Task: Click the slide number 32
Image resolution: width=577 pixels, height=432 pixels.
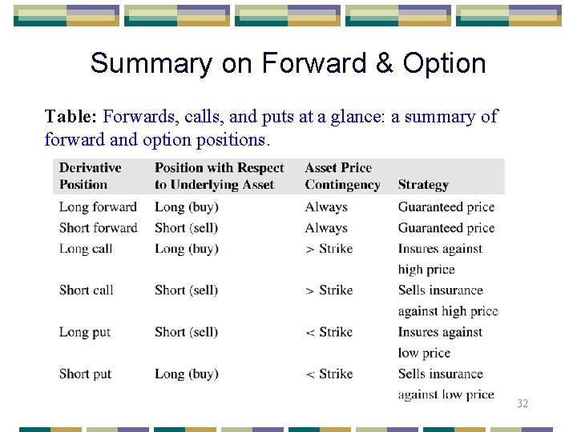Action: coord(523,404)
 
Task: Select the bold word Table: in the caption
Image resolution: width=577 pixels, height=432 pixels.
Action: coord(71,117)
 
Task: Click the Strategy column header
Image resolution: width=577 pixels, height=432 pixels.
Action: coord(423,185)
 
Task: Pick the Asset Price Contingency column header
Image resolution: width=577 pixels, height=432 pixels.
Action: coord(342,176)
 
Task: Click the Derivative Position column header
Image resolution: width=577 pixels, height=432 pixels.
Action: coord(90,176)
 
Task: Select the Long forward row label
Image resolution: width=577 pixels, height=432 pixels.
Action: coord(98,207)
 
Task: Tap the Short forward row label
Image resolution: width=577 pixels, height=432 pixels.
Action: coord(98,228)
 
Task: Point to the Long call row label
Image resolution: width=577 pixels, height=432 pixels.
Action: coord(86,249)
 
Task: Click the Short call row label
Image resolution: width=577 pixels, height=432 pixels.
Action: coord(87,290)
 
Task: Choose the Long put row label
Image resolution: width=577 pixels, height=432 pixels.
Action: coord(85,332)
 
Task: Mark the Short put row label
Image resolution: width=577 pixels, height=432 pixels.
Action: coord(85,374)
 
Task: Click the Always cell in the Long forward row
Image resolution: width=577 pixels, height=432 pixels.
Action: coord(326,207)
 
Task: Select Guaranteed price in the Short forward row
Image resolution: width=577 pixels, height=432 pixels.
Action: coord(446,228)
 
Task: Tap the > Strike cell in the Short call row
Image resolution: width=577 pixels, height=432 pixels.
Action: coord(329,290)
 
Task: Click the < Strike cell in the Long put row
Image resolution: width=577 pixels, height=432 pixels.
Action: coord(329,332)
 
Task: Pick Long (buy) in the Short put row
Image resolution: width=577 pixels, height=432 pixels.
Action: coord(186,374)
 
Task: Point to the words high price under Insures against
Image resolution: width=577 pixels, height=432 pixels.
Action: coord(426,270)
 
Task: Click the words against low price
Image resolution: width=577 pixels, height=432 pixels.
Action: coord(446,394)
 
